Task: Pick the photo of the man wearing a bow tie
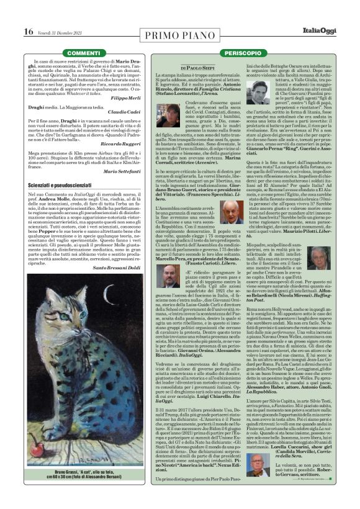click(x=172, y=275)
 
